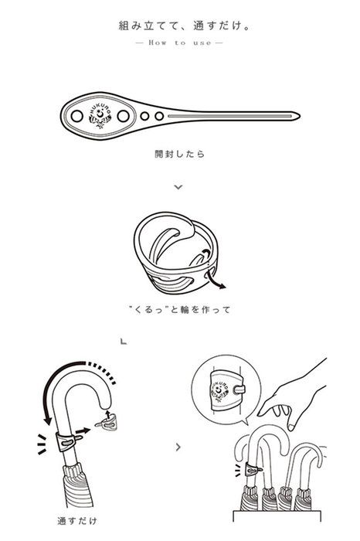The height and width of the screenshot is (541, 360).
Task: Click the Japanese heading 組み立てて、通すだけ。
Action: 184,26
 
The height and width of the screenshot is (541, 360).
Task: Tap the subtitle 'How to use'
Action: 180,43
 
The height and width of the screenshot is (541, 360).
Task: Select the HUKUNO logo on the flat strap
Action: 100,116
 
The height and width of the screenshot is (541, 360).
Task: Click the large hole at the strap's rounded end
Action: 77,116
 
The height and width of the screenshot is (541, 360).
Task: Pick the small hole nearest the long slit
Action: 159,116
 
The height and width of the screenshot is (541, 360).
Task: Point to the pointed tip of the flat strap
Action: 299,116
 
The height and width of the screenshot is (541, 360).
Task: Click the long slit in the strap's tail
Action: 230,116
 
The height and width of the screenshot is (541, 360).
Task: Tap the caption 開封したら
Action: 180,154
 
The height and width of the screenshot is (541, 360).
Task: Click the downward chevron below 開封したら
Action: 178,187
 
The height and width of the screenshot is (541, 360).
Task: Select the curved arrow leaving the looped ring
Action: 216,280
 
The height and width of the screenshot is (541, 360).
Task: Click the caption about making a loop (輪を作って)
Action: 179,309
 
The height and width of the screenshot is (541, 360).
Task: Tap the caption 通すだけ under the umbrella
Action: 77,520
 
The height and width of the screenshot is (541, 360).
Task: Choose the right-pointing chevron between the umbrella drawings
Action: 178,447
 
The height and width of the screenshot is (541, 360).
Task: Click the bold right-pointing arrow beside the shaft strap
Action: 83,430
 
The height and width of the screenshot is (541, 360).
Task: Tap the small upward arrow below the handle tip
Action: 108,414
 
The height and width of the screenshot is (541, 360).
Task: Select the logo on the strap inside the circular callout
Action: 219,390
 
